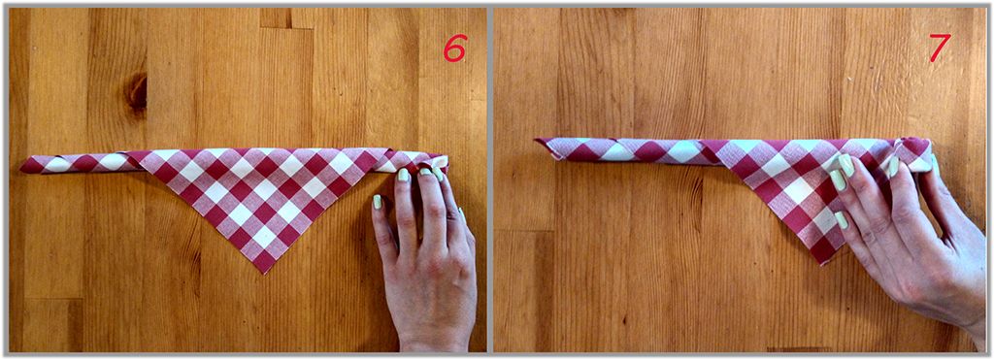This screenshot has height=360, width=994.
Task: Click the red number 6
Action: pos(454,48)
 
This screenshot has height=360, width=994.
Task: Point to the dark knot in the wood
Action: pos(136,92)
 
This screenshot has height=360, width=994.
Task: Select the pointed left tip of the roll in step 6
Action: pos(22,167)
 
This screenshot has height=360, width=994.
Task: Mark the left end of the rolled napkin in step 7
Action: pos(538,142)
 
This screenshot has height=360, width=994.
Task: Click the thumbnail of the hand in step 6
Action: pos(378,203)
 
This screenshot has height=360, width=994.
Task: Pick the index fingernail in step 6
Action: pos(402,176)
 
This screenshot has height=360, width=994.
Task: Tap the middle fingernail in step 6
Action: pos(425,171)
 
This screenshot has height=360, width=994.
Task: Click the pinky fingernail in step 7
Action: pos(842,220)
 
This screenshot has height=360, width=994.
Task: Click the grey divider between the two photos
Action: pos(490,180)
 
